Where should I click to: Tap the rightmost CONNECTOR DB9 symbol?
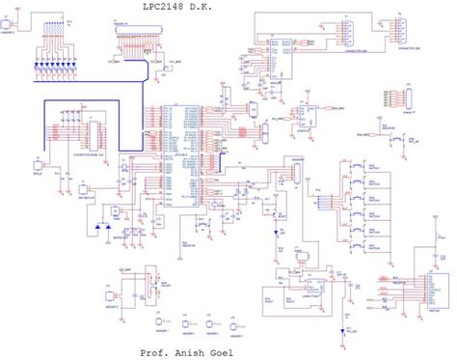click(398, 34)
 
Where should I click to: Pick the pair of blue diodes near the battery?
click(101, 230)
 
